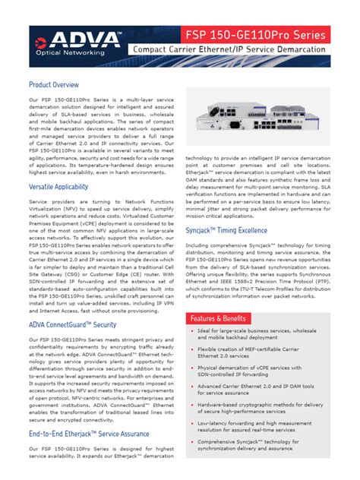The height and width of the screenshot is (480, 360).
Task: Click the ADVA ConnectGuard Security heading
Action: (x=72, y=303)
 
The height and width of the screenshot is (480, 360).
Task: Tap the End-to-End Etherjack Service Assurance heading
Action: (x=89, y=433)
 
